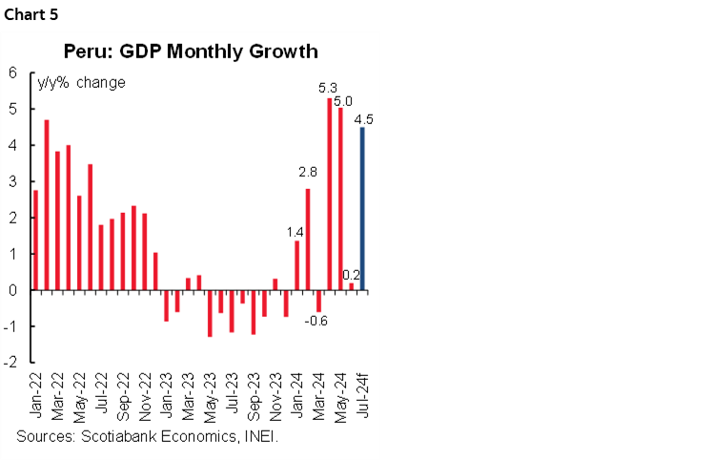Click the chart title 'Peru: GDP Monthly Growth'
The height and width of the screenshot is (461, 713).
pyautogui.click(x=191, y=51)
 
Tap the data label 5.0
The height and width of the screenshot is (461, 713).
pyautogui.click(x=343, y=100)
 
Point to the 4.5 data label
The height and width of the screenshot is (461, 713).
pyautogui.click(x=363, y=118)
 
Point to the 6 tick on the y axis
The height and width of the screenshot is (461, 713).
pyautogui.click(x=13, y=73)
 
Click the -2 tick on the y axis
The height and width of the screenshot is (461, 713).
pyautogui.click(x=10, y=363)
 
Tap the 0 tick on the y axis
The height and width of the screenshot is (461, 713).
pyautogui.click(x=13, y=290)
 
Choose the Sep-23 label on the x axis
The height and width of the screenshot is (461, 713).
pyautogui.click(x=254, y=396)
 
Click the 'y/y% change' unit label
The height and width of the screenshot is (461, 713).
pyautogui.click(x=81, y=83)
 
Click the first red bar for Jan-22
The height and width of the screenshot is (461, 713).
pyautogui.click(x=35, y=240)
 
